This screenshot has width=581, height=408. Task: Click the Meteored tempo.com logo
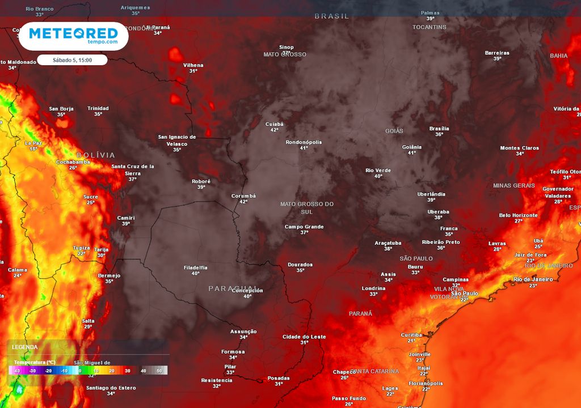point(73,36)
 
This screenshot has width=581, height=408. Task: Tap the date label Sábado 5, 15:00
point(72,59)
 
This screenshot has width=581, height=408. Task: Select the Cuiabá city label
point(274,124)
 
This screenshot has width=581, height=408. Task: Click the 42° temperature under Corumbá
point(243,202)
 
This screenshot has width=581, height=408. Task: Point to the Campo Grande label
point(304,227)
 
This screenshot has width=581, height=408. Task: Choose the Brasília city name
point(439,128)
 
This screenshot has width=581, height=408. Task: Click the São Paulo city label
point(464,293)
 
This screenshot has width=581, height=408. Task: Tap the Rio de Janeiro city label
point(533,279)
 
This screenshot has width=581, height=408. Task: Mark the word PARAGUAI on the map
point(233,288)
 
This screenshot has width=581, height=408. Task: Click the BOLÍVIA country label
point(96,155)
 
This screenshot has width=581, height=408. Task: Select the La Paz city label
point(33,143)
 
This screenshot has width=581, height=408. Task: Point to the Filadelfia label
point(195,267)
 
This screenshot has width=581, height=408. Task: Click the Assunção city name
point(243,331)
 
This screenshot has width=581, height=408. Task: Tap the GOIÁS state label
point(394,131)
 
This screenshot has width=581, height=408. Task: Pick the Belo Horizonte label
point(518,215)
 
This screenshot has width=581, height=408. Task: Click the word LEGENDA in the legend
point(25,347)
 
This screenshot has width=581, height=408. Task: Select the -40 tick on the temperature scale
point(18,371)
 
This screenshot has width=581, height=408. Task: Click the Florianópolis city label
point(426,383)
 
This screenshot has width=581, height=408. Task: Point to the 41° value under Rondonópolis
point(304,148)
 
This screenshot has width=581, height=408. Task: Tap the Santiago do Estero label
point(111,388)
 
